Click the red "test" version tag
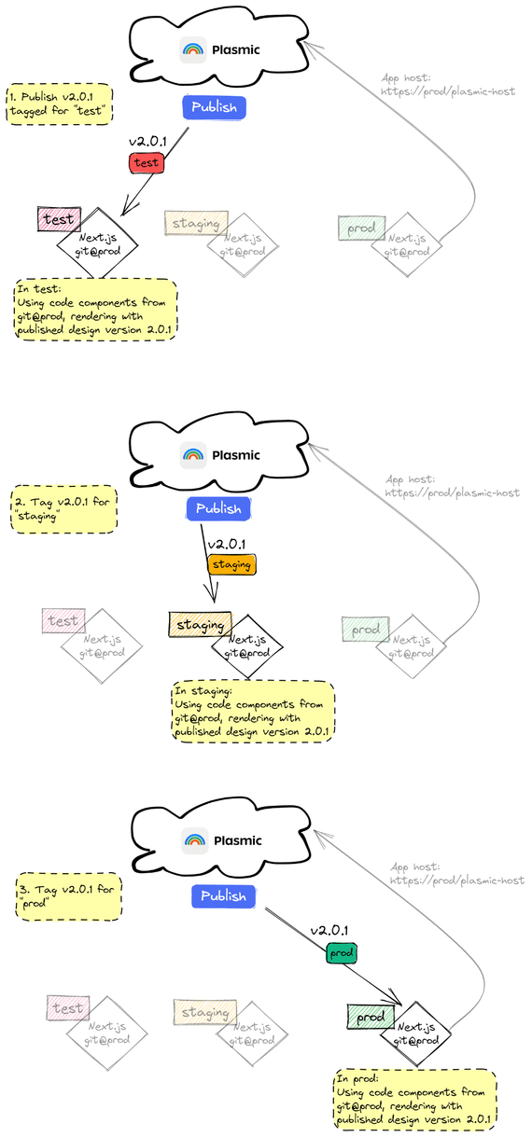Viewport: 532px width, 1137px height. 147,162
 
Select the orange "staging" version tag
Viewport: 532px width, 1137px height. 231,564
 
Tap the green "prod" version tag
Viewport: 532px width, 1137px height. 342,953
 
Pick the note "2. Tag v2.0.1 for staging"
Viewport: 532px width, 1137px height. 64,508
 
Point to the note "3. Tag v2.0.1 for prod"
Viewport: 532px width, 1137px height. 69,896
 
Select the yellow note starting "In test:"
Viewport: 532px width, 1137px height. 95,309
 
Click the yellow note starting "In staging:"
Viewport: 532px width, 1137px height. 252,711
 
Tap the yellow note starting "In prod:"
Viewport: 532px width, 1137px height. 415,1099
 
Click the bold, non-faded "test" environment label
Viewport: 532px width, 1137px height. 60,219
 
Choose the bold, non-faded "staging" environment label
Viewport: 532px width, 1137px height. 200,624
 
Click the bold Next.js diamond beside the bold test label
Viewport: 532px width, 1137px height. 97,244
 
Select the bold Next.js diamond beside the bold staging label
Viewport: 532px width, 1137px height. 246,646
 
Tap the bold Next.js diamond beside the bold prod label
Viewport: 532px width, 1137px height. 415,1033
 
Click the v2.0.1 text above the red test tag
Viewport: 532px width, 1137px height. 147,141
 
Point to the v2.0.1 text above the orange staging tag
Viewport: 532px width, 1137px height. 227,544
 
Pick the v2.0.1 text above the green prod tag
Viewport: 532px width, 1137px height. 329,931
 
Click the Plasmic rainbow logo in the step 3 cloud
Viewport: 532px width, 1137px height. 195,840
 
